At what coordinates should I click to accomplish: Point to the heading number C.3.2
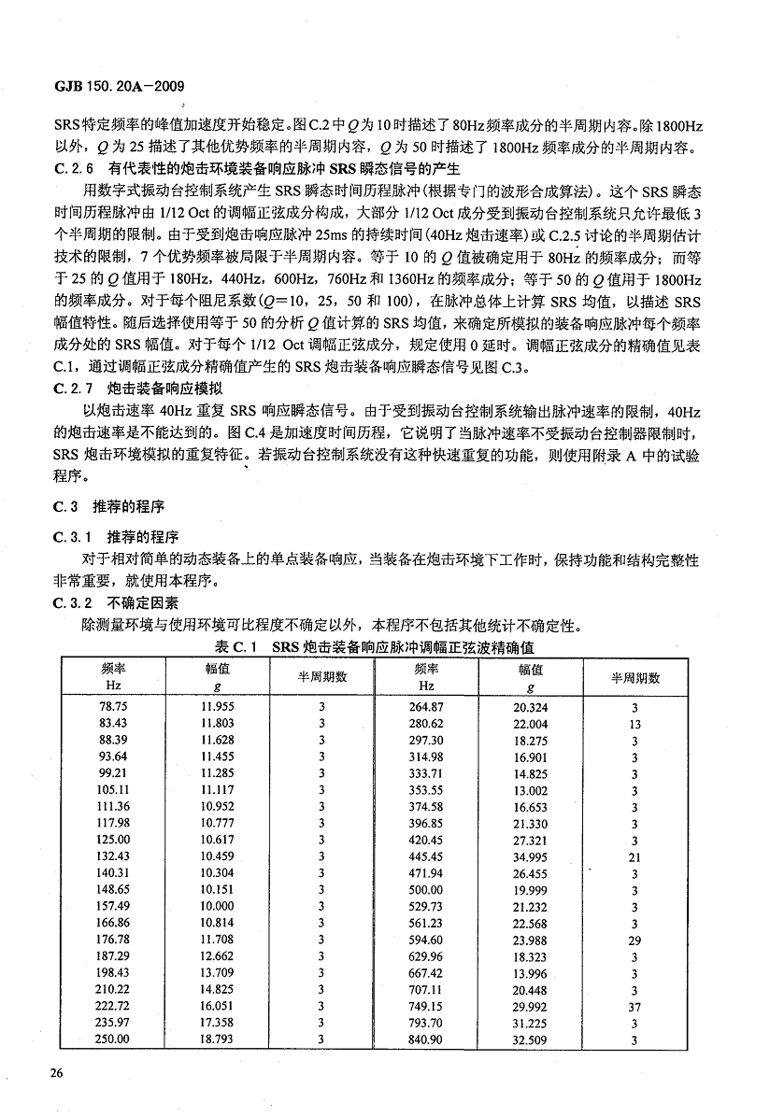coord(77,603)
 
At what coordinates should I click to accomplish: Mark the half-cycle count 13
coord(635,724)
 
